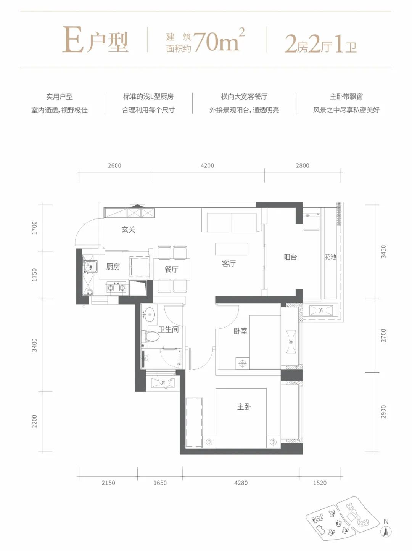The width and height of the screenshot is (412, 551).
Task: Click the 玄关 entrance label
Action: coord(128,230)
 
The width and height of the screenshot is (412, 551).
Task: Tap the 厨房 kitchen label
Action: coord(113,267)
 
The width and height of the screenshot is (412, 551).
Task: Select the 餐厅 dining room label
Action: coord(172,269)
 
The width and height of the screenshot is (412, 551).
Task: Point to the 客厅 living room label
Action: coord(229,263)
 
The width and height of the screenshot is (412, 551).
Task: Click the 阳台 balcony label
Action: coord(290,257)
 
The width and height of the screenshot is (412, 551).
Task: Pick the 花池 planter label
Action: coord(330,257)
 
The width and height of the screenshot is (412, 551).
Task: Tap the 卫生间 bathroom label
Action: coord(169,329)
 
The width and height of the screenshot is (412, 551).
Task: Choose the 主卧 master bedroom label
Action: coord(244,406)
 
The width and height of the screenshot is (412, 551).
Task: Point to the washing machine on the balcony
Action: coord(312,221)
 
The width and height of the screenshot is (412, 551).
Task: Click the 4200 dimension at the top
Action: coord(208,165)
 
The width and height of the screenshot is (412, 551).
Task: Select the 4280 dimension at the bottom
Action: coord(241,483)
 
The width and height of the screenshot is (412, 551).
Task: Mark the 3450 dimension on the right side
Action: coord(383,252)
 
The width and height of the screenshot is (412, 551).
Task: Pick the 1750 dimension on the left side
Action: coord(34,275)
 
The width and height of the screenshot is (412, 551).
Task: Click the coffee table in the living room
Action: coord(232,249)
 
